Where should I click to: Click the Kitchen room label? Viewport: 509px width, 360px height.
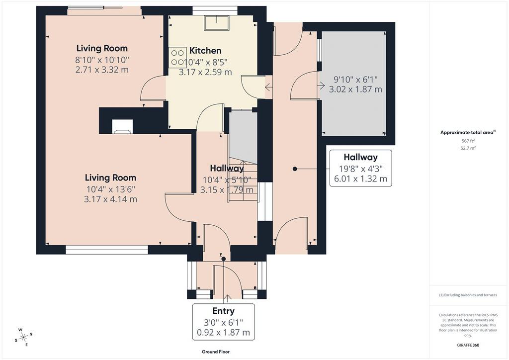(x=205, y=51)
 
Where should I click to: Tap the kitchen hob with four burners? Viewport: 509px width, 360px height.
(x=177, y=57)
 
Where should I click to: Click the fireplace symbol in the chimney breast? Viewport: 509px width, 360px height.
(x=122, y=127)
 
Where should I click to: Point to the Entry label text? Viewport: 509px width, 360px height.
(x=223, y=311)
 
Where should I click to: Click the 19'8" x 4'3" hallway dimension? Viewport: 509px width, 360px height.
(x=361, y=169)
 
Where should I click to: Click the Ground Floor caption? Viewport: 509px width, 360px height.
(x=216, y=352)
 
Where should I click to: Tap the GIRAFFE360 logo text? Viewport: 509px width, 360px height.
(x=468, y=345)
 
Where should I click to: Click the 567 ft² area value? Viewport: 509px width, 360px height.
(x=468, y=141)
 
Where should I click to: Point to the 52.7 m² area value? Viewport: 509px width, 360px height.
(x=468, y=148)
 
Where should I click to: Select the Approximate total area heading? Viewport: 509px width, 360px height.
(x=468, y=132)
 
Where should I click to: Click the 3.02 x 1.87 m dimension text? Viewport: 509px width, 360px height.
(x=355, y=90)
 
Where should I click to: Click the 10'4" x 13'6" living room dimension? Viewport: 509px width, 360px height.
(x=111, y=189)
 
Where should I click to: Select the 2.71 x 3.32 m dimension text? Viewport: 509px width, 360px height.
(x=102, y=70)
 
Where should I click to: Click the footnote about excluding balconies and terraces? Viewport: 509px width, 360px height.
(x=468, y=295)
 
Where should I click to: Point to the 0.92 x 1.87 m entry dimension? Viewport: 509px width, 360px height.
(x=223, y=333)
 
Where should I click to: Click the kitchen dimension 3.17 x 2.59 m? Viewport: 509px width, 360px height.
(x=205, y=72)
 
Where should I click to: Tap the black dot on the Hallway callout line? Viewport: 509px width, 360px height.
(x=295, y=169)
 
